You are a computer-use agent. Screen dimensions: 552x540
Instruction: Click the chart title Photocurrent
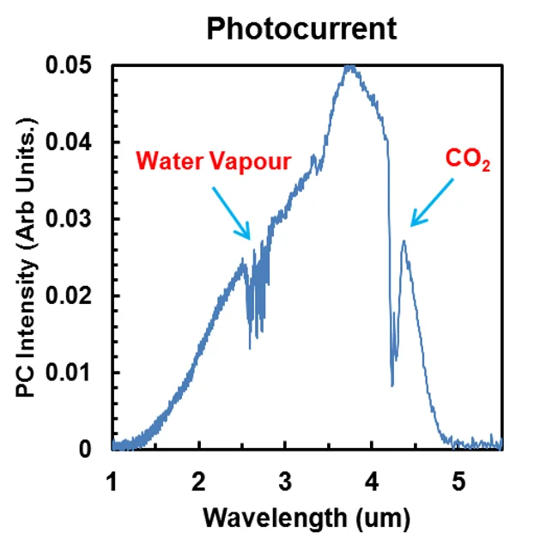[302, 28]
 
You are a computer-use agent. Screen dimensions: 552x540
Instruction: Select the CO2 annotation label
[467, 160]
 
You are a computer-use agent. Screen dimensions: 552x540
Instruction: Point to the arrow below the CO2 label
[432, 203]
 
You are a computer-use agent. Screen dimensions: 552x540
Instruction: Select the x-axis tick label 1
[112, 477]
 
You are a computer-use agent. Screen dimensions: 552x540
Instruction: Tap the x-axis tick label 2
[199, 477]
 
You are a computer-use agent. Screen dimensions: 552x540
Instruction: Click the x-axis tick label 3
[286, 477]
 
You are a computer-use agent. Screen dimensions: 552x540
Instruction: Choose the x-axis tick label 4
[373, 477]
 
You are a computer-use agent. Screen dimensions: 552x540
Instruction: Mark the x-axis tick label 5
[459, 477]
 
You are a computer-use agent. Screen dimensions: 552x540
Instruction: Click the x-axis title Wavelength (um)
[306, 518]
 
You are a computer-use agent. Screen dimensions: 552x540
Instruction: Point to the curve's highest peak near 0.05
[349, 66]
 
